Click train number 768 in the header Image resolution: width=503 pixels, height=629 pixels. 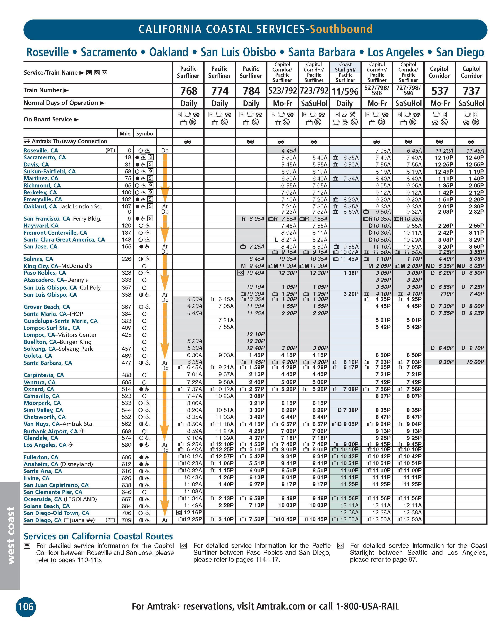pyautogui.click(x=189, y=91)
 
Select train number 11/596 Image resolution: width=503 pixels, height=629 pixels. pyautogui.click(x=345, y=92)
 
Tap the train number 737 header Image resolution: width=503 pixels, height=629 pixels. pyautogui.click(x=471, y=91)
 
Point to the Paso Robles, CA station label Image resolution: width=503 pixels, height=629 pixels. pyautogui.click(x=45, y=273)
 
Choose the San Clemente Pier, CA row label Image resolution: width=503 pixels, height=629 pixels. pyautogui.click(x=53, y=492)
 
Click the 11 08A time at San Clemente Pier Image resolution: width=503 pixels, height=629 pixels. pyautogui.click(x=193, y=492)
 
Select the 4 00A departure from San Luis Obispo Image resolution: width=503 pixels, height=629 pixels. pyautogui.click(x=195, y=299)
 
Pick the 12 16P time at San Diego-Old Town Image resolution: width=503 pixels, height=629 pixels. pyautogui.click(x=193, y=513)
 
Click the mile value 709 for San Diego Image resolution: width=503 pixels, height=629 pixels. pyautogui.click(x=126, y=520)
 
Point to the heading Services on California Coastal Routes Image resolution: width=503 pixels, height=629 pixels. pyautogui.click(x=98, y=536)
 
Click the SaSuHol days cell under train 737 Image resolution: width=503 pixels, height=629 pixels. pyautogui.click(x=471, y=104)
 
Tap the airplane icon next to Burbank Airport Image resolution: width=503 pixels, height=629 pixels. pyautogui.click(x=82, y=431)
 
